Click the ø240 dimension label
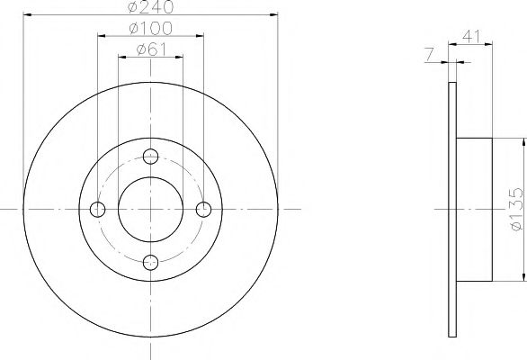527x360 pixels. (150, 8)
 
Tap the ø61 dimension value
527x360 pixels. (150, 50)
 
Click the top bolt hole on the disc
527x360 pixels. (151, 156)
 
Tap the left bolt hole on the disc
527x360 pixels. (98, 209)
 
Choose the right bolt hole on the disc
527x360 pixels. (203, 209)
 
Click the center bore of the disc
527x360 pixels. (151, 209)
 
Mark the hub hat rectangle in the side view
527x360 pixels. (474, 208)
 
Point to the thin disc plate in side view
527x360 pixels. (451, 208)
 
